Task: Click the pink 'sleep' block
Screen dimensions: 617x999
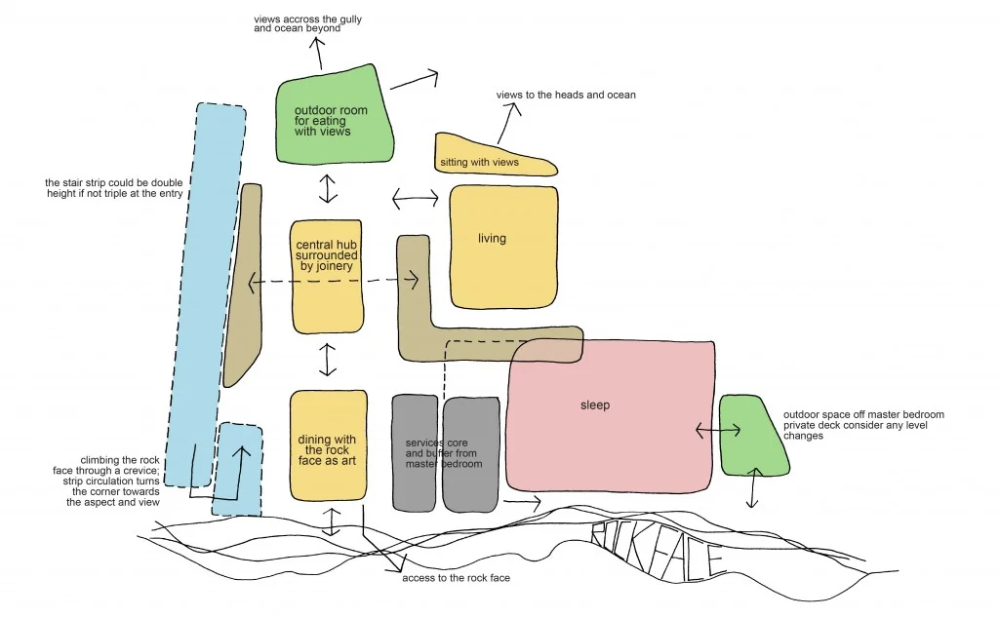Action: pos(610,414)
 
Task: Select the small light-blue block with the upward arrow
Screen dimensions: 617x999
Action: pos(239,468)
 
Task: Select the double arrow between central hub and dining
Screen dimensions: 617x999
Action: pos(328,360)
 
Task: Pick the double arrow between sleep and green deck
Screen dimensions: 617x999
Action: pos(716,430)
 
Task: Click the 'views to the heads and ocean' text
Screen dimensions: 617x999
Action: pos(566,95)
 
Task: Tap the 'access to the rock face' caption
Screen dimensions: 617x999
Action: pos(456,578)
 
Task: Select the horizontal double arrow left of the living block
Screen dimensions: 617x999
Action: pos(416,199)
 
